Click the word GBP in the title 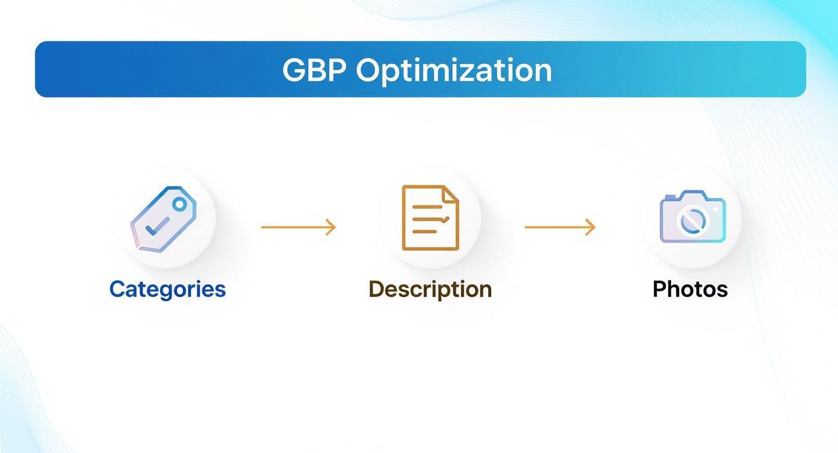[314, 70]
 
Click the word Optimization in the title [454, 71]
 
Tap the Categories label [167, 289]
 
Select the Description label [430, 289]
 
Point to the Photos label [690, 289]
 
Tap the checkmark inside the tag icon [157, 226]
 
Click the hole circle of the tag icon [179, 204]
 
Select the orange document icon [430, 217]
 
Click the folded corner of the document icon [450, 194]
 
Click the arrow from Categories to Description [297, 227]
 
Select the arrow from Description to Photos [559, 227]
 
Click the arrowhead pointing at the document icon [331, 227]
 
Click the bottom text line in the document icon [424, 231]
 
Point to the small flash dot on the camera [716, 208]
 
